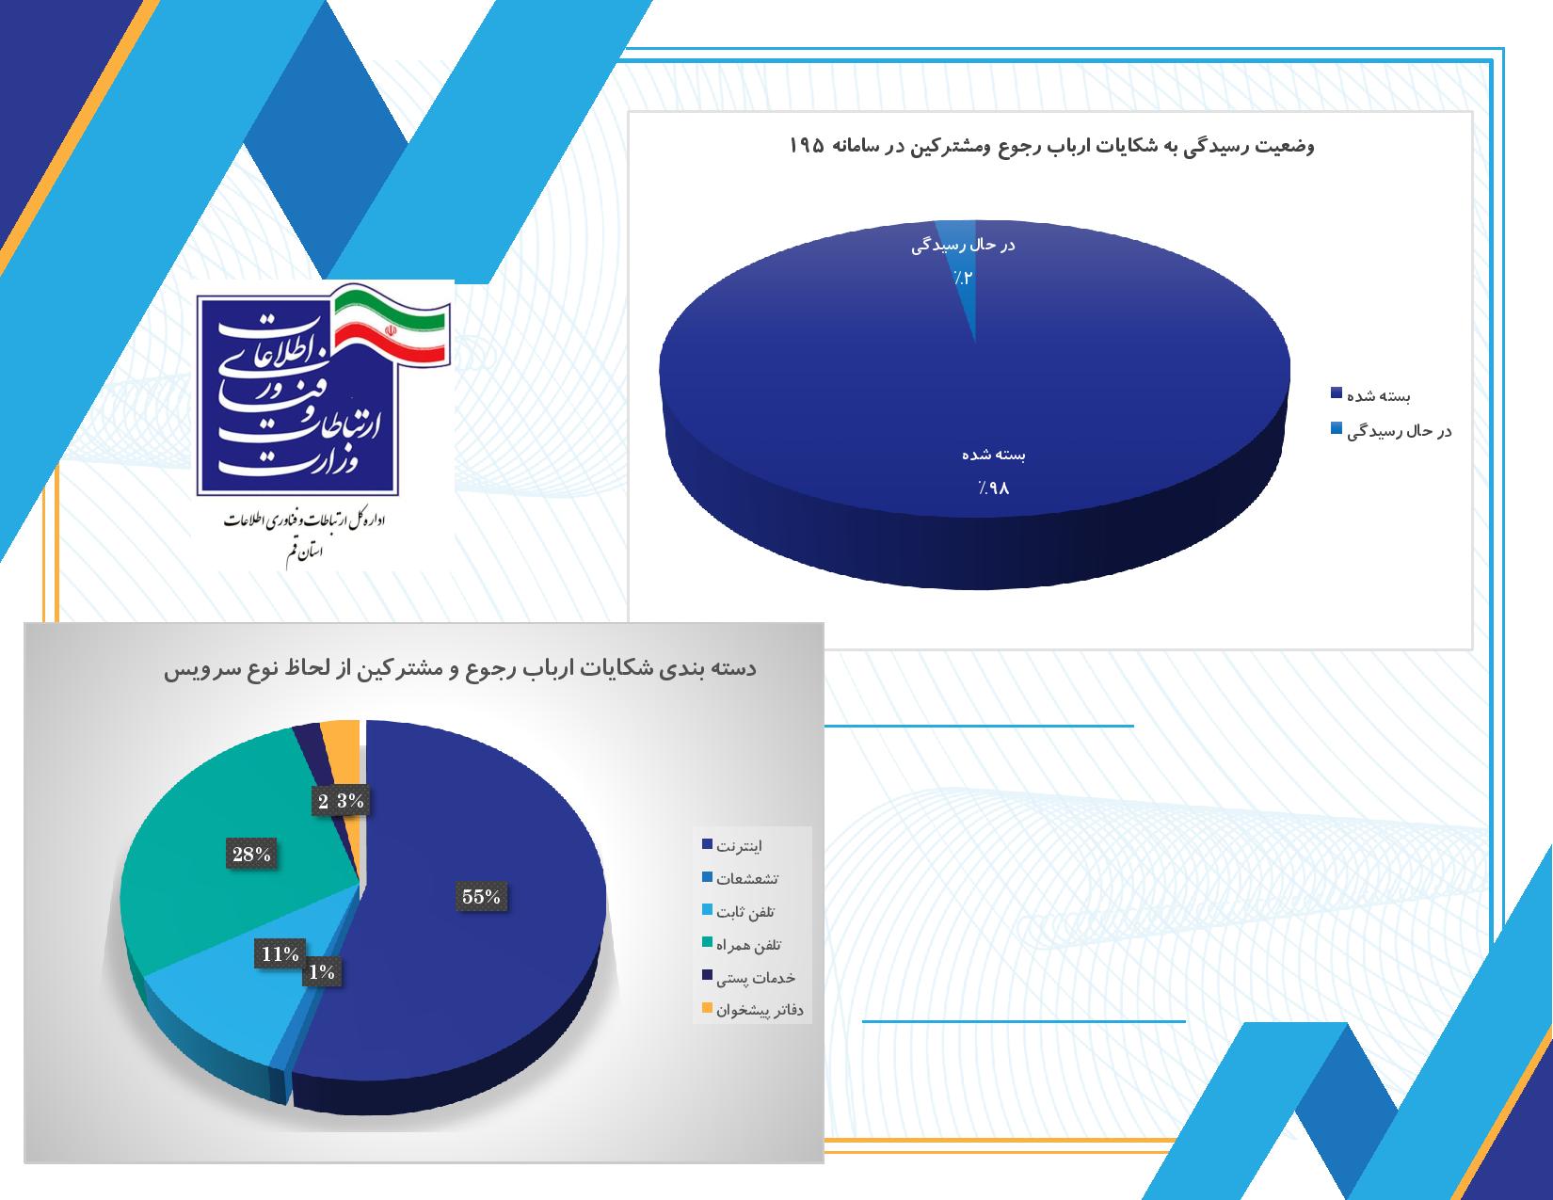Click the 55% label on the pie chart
point(482,896)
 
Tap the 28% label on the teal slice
point(251,854)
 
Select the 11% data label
point(280,953)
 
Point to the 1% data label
point(322,971)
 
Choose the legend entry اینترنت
point(732,845)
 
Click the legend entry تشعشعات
point(741,878)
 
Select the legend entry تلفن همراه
point(742,945)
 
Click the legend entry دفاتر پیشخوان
point(753,1010)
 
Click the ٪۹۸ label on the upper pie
point(993,488)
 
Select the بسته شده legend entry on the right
point(1370,395)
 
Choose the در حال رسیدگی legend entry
point(1391,431)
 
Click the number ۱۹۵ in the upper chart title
point(808,146)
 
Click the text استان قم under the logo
point(304,553)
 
